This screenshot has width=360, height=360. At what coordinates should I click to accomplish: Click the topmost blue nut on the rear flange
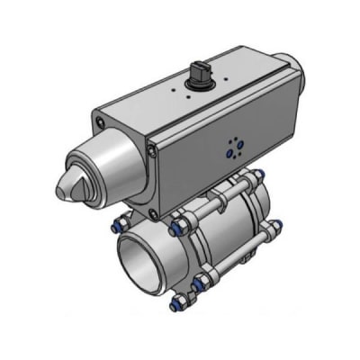(x=258, y=174)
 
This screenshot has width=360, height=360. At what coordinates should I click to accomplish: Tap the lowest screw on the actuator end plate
(x=155, y=213)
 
